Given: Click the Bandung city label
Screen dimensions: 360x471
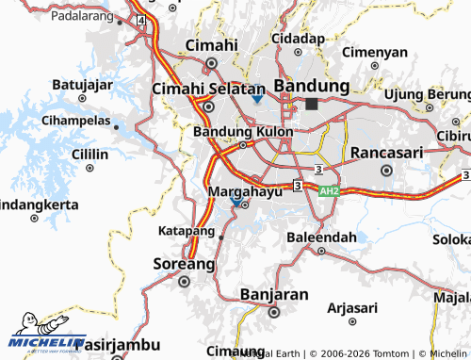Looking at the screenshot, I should (x=312, y=86).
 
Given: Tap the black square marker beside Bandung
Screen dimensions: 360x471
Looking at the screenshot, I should (x=312, y=104).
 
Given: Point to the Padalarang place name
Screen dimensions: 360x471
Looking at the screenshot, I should (x=82, y=16).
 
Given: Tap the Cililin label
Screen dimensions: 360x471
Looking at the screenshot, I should (x=89, y=155).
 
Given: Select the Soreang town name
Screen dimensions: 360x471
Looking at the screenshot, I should (x=184, y=263).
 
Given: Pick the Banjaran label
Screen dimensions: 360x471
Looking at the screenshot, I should (x=274, y=294).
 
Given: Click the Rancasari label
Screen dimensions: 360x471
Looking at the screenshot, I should (x=385, y=153).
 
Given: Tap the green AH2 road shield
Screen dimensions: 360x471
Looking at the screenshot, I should (x=328, y=191).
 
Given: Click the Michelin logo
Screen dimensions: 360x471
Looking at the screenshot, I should (x=47, y=340).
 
